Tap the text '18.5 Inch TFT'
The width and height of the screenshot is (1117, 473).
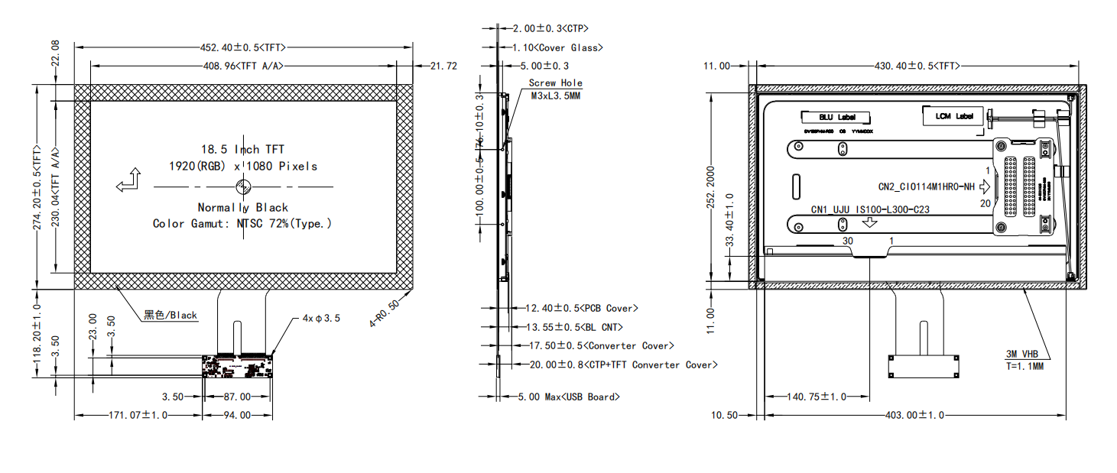[242, 149]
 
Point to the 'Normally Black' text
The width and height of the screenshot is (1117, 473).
[242, 207]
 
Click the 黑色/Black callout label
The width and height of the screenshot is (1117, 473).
[170, 315]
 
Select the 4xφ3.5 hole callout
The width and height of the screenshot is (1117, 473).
[321, 317]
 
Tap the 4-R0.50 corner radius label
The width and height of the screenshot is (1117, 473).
[385, 313]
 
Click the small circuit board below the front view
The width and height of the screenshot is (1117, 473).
[238, 367]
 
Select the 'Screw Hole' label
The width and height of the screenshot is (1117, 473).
[555, 83]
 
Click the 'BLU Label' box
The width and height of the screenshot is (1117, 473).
[836, 118]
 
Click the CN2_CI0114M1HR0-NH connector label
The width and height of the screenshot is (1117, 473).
[926, 186]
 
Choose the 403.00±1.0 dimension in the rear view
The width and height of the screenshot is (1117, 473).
[914, 415]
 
